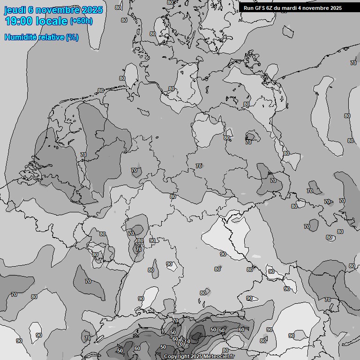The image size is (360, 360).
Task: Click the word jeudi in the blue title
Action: [x=15, y=10]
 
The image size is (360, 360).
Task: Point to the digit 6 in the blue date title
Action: [x=31, y=10]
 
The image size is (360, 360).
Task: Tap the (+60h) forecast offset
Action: [x=81, y=21]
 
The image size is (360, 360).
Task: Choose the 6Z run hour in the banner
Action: [x=270, y=8]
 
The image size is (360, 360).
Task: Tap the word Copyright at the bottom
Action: [x=177, y=357]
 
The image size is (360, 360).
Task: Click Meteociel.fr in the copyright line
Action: [x=219, y=357]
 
